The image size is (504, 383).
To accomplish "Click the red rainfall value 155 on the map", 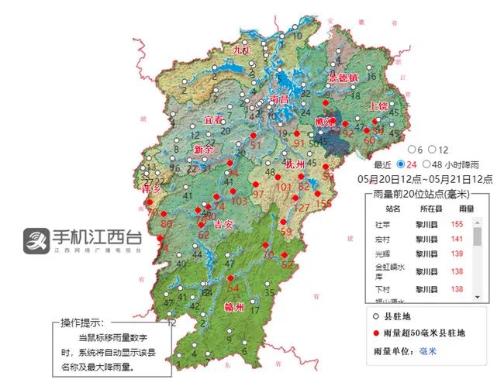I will [323, 203].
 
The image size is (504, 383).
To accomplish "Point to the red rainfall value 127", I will [301, 207].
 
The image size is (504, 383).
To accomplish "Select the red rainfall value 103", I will [240, 202].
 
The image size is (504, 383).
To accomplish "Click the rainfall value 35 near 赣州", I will [269, 293].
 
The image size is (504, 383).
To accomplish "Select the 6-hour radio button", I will [412, 149].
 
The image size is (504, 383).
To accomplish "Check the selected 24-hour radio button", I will [400, 164].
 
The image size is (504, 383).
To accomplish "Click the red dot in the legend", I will [375, 333].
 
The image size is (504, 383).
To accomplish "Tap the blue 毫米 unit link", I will [428, 351].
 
